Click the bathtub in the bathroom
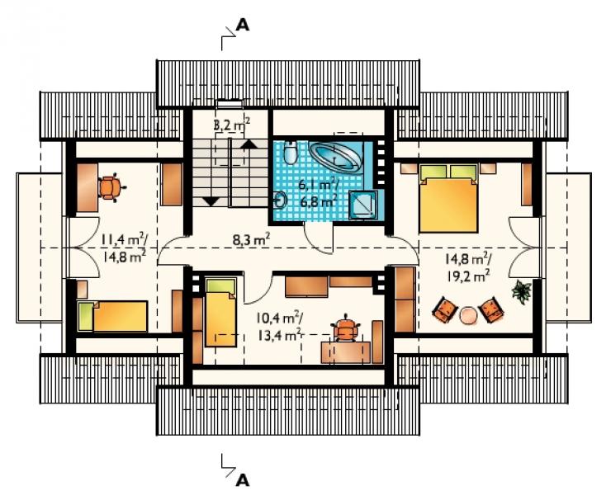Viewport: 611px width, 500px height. coord(335,156)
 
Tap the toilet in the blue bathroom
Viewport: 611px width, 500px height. coord(290,153)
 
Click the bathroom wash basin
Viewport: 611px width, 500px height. coord(280,200)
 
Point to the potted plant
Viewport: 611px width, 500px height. coord(521,291)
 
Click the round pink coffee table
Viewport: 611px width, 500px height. coord(468,315)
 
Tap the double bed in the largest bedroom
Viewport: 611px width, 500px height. coord(448,199)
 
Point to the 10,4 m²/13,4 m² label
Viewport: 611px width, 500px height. coord(279,327)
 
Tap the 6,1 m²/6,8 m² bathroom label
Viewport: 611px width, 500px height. coord(318,193)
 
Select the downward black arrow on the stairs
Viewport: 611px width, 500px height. coord(211,201)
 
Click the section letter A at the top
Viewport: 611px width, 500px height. coord(243,26)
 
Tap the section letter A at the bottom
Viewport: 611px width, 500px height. coord(243,480)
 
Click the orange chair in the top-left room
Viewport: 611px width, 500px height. coord(111,187)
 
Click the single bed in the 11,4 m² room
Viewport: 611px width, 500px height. coord(112,317)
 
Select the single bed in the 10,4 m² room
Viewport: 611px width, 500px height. coord(221,313)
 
